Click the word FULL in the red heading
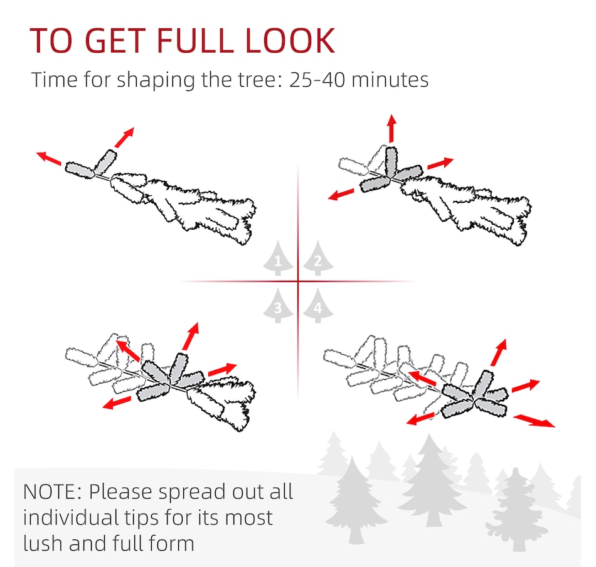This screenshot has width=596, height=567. coord(194,40)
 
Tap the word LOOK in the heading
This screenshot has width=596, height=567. coord(290,40)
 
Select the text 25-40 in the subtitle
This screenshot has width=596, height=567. coord(317,80)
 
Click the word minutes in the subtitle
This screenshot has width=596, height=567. coord(390,80)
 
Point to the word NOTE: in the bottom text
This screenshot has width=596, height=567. coord(53,492)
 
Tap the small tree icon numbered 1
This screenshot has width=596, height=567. coord(278,258)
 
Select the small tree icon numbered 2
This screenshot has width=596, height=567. coord(318,258)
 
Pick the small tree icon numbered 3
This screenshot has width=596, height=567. coord(278,306)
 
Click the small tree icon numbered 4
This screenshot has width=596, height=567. coord(318,306)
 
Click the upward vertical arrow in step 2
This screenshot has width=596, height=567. coord(392,128)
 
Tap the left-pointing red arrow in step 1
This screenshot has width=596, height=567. coord(49,158)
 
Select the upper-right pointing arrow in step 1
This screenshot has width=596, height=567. coord(124,138)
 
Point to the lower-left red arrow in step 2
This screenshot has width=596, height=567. coord(341,194)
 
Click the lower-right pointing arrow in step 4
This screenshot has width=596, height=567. coord(534,421)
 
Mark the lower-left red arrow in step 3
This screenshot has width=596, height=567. coord(117,402)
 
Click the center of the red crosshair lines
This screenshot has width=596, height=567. coord(298,281)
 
